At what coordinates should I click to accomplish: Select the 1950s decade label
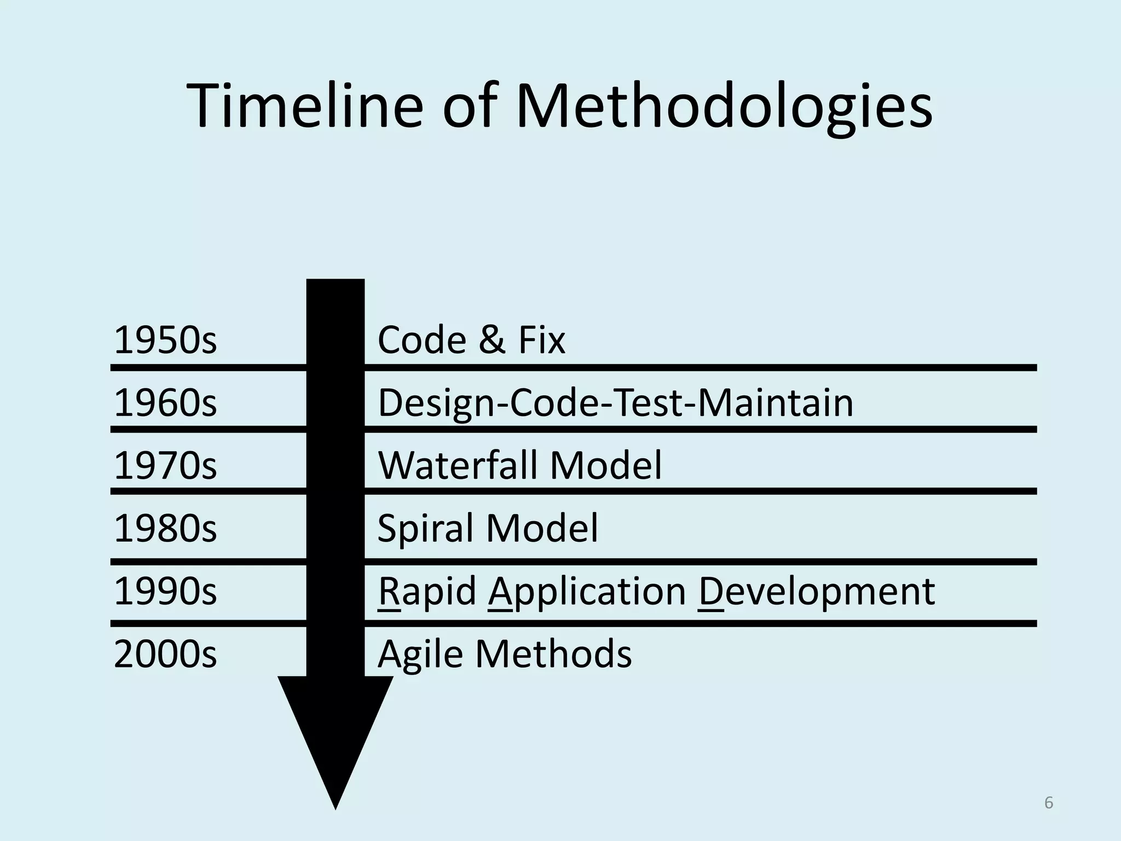tap(165, 340)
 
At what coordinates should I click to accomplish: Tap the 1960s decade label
tap(165, 403)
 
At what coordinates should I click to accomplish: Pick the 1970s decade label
tap(165, 465)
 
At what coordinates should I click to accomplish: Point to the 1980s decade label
tap(165, 528)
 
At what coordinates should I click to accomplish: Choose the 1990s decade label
tap(165, 591)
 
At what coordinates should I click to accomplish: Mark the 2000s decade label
tap(165, 654)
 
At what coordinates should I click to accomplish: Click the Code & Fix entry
tap(471, 340)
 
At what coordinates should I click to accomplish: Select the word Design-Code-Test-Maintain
tap(615, 403)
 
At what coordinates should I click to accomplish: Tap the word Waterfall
tap(457, 465)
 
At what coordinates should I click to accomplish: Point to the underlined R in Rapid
tap(389, 591)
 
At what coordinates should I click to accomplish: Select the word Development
tap(816, 591)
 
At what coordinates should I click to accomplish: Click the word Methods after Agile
tap(553, 654)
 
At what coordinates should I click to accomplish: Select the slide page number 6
tap(1048, 803)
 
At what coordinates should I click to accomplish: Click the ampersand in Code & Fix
tap(492, 340)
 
